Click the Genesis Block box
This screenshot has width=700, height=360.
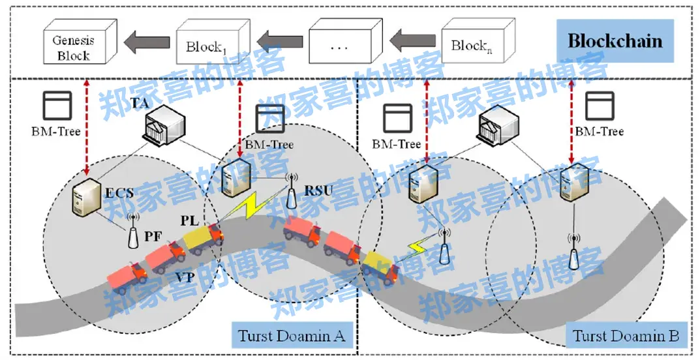[x=74, y=46]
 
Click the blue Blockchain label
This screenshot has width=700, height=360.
[x=615, y=41]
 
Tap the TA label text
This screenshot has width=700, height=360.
[x=139, y=103]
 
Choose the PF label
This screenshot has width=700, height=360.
[x=153, y=236]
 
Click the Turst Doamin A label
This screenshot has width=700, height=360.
[x=292, y=337]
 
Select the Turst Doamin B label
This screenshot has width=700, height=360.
[x=626, y=337]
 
